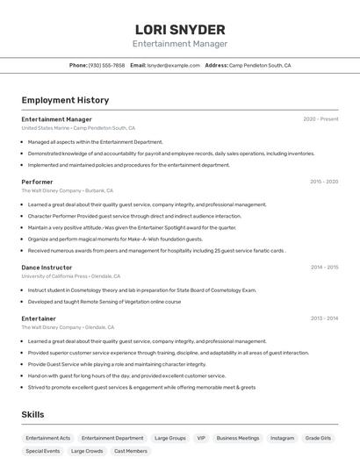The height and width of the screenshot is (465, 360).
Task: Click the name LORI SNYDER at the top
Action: point(180,29)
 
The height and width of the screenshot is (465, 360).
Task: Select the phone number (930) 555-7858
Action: point(106,65)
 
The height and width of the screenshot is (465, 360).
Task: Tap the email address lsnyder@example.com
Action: point(173,65)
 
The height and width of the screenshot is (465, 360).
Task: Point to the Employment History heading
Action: point(65,101)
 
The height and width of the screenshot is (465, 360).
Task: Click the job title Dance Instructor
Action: point(47,267)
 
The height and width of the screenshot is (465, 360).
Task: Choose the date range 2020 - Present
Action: point(320,119)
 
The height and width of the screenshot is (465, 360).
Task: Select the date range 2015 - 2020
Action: point(324,182)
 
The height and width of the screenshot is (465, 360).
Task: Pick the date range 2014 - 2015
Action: point(324,267)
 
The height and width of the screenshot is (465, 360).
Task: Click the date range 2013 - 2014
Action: point(324,318)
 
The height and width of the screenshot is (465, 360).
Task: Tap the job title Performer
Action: point(37,182)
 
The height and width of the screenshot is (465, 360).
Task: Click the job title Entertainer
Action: point(39,318)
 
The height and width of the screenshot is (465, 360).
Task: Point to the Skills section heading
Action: point(32,414)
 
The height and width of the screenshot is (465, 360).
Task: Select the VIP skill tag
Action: point(201,437)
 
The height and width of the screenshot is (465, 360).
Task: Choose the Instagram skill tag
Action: point(282,437)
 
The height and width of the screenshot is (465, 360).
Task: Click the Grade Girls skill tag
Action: point(318,437)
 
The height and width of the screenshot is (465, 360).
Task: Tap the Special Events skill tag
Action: point(43,451)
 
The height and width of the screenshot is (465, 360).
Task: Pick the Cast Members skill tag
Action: point(131,451)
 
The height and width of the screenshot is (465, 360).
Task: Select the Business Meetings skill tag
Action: point(238,437)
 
